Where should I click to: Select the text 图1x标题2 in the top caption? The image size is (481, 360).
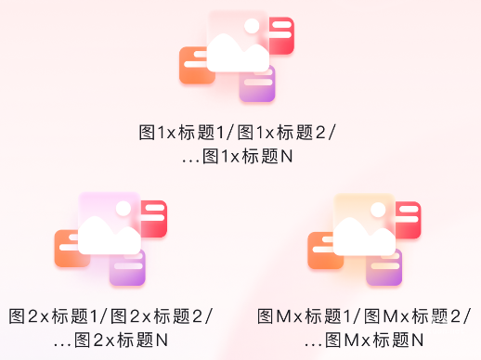283,133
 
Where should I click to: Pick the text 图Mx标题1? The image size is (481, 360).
307,316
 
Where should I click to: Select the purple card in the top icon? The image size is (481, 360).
258,85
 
